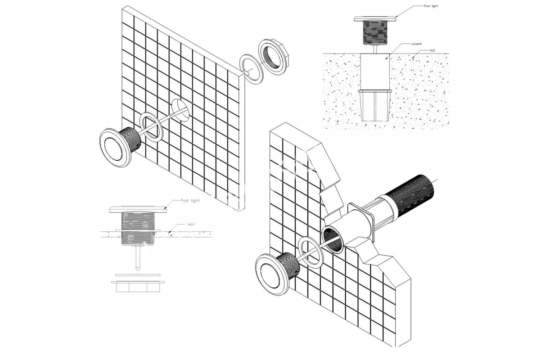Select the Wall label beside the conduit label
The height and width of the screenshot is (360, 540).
[x=432, y=51]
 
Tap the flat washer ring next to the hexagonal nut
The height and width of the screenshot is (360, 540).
[x=252, y=68]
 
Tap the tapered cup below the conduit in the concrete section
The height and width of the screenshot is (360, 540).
[x=374, y=105]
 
